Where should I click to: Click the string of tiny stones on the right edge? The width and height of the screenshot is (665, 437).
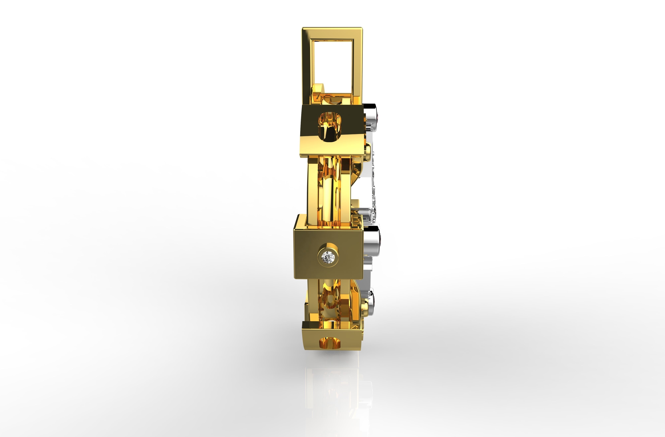coord(374,190)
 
